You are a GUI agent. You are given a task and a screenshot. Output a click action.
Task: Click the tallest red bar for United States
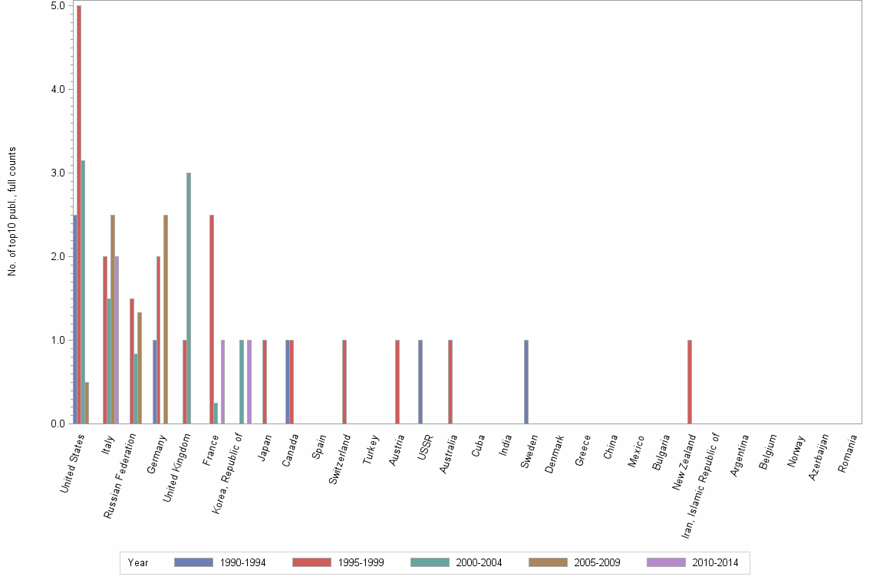[x=79, y=214]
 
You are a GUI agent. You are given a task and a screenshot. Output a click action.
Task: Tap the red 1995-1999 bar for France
[x=212, y=319]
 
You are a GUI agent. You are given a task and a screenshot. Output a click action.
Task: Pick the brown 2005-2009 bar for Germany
[x=166, y=319]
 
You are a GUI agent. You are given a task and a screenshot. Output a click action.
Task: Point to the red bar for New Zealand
[x=690, y=381]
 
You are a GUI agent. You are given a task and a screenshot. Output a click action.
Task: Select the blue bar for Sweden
[x=526, y=381]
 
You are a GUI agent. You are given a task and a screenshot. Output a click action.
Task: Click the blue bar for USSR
[x=420, y=381]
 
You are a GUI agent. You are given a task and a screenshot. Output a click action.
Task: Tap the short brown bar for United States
[x=87, y=403]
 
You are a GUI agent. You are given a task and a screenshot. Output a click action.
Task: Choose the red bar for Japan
[x=265, y=381]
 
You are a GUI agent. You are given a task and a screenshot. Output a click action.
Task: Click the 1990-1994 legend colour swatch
[x=193, y=562]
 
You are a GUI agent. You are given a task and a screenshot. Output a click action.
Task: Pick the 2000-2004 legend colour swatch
[x=430, y=562]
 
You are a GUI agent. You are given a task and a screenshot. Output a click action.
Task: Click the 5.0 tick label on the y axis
[x=58, y=5]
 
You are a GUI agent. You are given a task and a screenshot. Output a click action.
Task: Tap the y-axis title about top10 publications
[x=12, y=211]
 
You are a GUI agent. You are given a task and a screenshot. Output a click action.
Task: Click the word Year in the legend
[x=138, y=562]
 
